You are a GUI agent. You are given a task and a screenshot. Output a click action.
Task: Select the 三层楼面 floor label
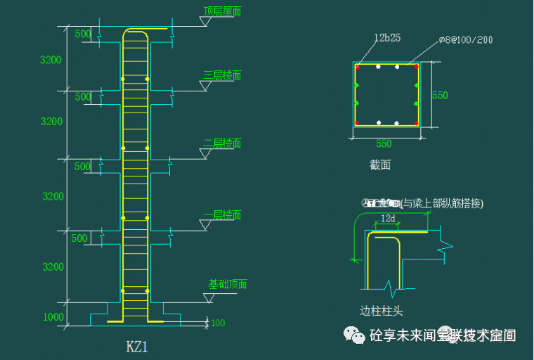tap(222, 75)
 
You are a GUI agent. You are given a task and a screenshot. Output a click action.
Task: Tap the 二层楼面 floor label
tap(222, 143)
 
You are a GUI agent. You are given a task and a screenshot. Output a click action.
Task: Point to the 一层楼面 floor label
tap(222, 214)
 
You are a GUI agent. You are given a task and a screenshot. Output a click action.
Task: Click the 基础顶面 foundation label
tap(228, 285)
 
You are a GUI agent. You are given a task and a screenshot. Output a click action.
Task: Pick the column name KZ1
tap(137, 346)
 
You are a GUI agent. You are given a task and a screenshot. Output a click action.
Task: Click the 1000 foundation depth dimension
tap(53, 317)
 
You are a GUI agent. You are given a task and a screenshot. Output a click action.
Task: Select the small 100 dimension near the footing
tap(218, 323)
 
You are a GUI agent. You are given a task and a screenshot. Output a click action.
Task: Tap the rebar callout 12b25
tap(387, 38)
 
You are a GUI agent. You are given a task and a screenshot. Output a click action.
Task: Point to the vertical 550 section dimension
tap(440, 95)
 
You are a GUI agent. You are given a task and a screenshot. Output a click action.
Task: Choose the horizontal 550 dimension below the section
tap(384, 144)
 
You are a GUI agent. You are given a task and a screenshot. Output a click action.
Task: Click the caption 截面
tap(380, 165)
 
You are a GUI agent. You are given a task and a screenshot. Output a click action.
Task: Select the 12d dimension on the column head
tap(388, 219)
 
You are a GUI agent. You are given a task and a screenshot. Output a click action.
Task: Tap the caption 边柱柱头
tap(381, 310)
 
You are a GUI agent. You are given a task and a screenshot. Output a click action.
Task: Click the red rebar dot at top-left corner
tap(357, 67)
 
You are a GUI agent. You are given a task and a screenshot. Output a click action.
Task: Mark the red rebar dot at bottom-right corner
tap(417, 123)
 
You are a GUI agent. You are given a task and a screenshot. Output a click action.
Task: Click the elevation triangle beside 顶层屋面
tap(205, 22)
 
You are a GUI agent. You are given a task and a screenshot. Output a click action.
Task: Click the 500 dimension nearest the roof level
tap(82, 34)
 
